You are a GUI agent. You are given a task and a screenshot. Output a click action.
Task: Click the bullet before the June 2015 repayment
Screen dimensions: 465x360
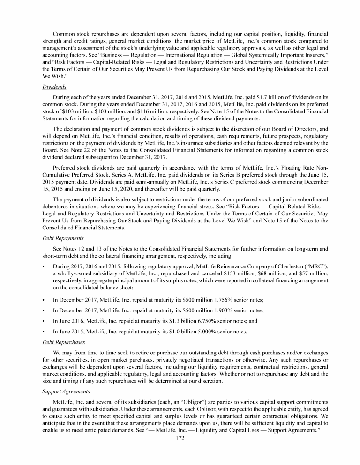(x=44, y=332)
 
